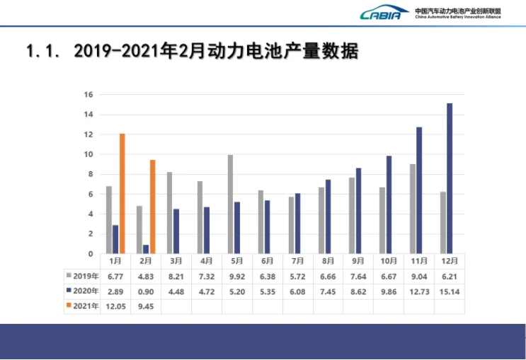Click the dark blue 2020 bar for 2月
click(x=146, y=249)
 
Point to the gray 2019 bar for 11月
click(x=413, y=209)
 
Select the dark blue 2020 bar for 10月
click(x=389, y=204)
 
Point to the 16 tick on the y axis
click(x=88, y=95)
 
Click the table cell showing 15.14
click(x=449, y=291)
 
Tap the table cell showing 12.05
click(x=115, y=306)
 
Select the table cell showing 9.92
click(x=236, y=275)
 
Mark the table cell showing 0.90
click(x=146, y=291)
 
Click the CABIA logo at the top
click(x=384, y=13)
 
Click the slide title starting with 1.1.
click(x=191, y=52)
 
